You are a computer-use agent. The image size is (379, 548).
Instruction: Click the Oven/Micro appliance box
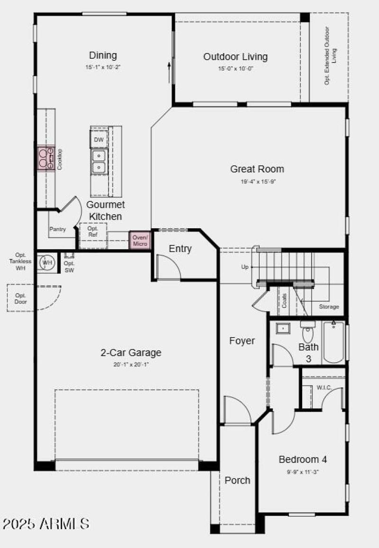click(140, 240)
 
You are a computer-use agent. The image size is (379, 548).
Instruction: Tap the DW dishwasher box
click(99, 140)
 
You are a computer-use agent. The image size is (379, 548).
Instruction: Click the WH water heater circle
click(47, 262)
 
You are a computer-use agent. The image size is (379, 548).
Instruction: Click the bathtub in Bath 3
click(334, 342)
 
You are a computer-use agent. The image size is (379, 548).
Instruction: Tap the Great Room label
click(257, 169)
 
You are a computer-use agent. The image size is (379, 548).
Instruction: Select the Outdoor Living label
click(235, 57)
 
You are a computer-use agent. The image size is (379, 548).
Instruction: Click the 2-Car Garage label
click(131, 352)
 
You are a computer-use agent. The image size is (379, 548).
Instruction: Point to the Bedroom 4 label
click(303, 459)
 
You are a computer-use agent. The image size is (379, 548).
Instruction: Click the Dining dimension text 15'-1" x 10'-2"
click(103, 67)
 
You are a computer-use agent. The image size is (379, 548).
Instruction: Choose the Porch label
click(237, 480)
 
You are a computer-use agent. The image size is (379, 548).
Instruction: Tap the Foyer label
click(242, 341)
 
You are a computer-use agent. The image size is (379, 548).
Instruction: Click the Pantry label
click(57, 229)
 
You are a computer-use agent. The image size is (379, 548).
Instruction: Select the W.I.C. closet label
click(324, 388)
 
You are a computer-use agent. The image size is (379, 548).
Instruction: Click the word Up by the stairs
click(245, 267)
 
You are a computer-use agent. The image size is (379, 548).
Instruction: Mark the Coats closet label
click(285, 301)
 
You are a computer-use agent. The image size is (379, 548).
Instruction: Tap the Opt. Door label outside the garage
click(21, 298)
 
